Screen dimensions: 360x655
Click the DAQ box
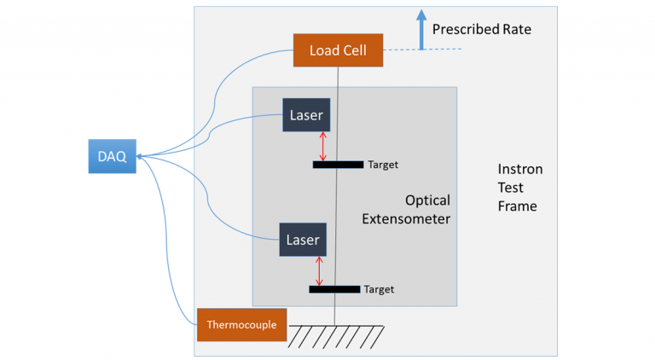click(112, 156)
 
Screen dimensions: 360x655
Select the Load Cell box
click(338, 50)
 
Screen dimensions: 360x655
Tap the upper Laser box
click(306, 114)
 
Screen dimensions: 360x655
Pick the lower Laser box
click(303, 240)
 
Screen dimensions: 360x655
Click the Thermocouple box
click(241, 324)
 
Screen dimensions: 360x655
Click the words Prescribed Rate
click(481, 30)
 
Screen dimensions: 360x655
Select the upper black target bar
click(338, 165)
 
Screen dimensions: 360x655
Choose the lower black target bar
click(334, 289)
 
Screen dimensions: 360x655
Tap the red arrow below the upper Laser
click(322, 146)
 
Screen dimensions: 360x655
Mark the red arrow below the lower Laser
click(320, 270)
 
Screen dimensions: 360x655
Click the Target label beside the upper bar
click(383, 165)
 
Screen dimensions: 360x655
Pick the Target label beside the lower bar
click(379, 289)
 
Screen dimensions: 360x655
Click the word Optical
click(427, 201)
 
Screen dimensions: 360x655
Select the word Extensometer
click(406, 219)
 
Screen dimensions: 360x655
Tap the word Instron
click(519, 169)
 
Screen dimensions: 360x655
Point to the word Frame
click(518, 206)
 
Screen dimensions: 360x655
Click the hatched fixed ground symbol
click(333, 338)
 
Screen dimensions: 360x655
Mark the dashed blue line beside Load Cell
click(422, 49)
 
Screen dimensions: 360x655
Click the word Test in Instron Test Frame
click(512, 188)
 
